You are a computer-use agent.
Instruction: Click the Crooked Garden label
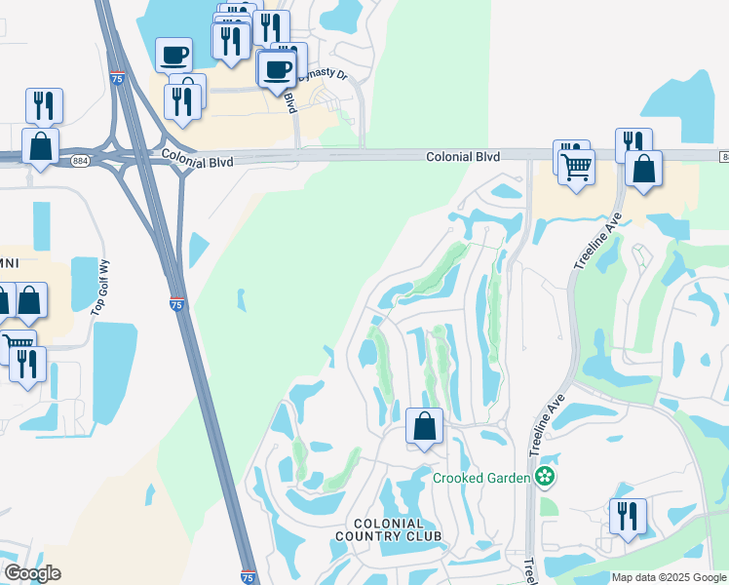[481, 477]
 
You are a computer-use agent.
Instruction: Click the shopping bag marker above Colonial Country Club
[424, 426]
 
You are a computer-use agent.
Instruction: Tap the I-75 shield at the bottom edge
[248, 577]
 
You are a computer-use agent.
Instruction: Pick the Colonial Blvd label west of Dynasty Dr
[198, 158]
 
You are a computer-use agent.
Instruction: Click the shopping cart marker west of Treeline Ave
[576, 166]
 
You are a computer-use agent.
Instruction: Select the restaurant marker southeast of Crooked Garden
[628, 516]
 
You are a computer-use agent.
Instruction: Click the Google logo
[32, 573]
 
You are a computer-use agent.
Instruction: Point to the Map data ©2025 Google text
[669, 577]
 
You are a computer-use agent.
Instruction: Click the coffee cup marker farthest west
[174, 55]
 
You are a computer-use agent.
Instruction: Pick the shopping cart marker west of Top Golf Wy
[19, 343]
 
